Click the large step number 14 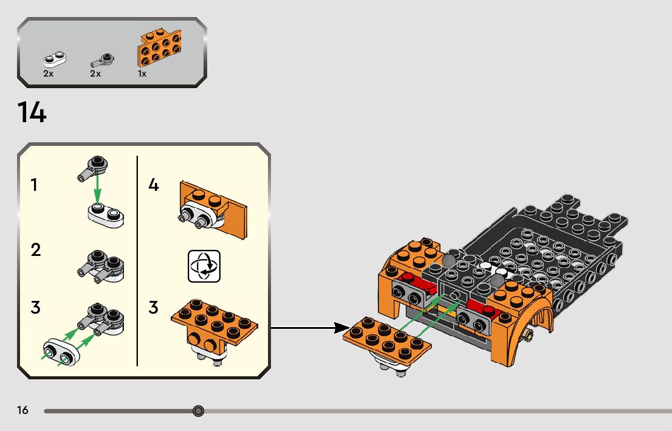(32, 113)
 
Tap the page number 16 (23, 411)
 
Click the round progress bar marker (198, 412)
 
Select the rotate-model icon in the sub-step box (204, 266)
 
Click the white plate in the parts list (55, 58)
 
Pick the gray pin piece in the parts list (102, 60)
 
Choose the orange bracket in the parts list (160, 48)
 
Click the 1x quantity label (142, 74)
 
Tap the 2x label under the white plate (49, 74)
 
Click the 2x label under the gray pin (95, 74)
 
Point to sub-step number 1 (35, 185)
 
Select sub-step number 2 (36, 250)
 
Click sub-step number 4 (154, 185)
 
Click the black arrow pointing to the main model (304, 328)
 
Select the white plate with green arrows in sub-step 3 (61, 352)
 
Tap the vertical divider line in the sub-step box (137, 261)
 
